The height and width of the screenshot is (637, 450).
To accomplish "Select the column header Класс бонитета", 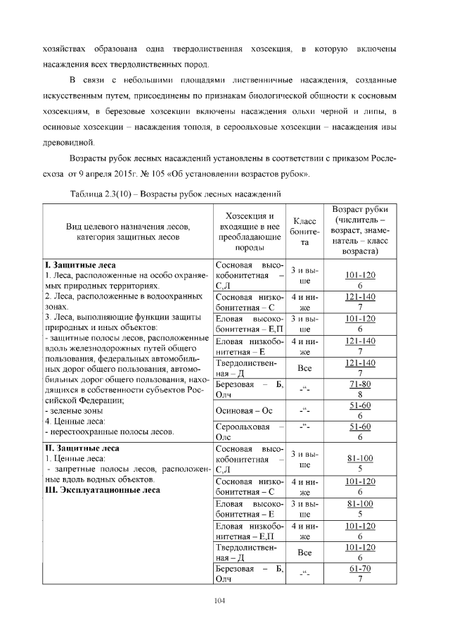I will click(305, 231).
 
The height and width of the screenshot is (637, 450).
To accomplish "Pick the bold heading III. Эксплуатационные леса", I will click(105, 490).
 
